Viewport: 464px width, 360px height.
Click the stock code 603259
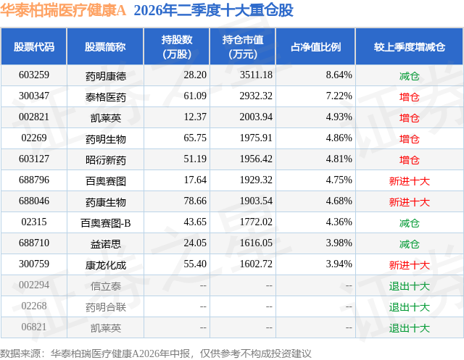(34, 75)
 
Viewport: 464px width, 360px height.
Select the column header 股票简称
(105, 46)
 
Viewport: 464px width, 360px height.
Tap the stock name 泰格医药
(106, 97)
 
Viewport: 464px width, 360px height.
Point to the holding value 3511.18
(256, 75)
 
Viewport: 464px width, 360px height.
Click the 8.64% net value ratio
(339, 75)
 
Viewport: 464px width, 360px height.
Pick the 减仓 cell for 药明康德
(409, 76)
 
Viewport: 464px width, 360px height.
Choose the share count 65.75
(195, 138)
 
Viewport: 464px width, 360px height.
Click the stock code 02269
(34, 138)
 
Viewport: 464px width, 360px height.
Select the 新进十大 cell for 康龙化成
(409, 265)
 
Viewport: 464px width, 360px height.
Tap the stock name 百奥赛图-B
(106, 223)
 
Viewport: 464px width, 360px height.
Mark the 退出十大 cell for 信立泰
(409, 286)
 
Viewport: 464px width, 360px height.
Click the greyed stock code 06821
(34, 327)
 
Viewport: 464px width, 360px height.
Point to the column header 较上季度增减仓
(409, 46)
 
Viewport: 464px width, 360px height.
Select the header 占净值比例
(315, 46)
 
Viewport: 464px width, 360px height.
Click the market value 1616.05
(256, 243)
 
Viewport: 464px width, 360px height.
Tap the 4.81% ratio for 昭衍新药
(339, 159)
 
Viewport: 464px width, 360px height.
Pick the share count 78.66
(195, 201)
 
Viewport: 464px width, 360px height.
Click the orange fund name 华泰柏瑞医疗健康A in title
(63, 11)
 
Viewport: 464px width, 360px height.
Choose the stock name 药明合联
(106, 307)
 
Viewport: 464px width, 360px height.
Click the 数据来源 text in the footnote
(20, 353)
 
